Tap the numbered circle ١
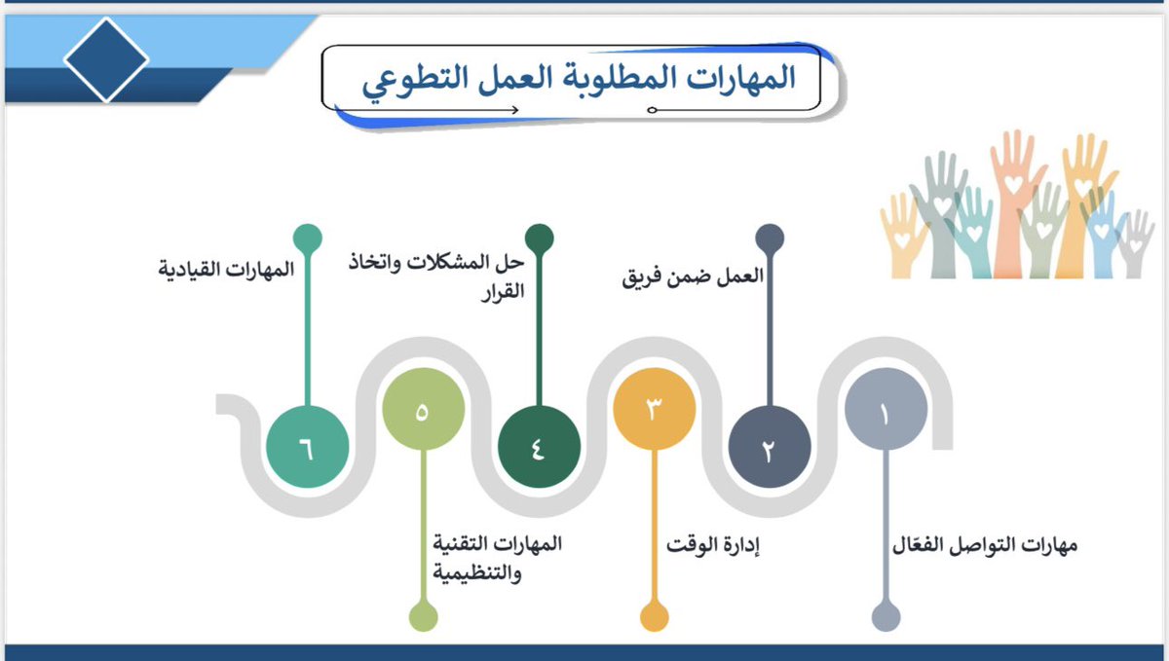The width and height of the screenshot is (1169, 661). (885, 413)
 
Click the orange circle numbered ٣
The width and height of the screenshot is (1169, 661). (655, 410)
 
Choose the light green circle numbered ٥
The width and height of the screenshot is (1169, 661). (423, 410)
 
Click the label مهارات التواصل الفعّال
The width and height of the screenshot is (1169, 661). (985, 545)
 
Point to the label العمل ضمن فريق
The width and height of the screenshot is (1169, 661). (693, 275)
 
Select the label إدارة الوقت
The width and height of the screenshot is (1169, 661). (713, 545)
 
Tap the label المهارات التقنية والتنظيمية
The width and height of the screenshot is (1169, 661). (497, 558)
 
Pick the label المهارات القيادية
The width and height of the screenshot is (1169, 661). (226, 269)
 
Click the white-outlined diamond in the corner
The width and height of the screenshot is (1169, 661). (106, 59)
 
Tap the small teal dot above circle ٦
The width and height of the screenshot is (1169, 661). (307, 238)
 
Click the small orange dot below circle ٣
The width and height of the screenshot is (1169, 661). (655, 617)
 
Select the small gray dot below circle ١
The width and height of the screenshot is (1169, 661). (885, 617)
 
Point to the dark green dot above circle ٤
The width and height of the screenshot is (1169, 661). (539, 238)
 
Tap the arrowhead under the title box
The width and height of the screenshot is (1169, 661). (513, 109)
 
